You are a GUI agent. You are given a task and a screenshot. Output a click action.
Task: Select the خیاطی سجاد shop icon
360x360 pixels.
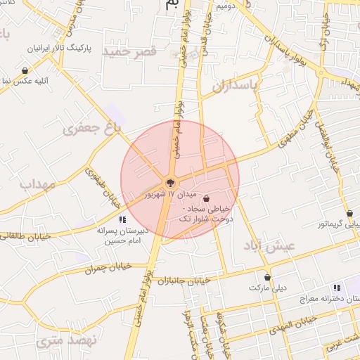(x=206, y=199)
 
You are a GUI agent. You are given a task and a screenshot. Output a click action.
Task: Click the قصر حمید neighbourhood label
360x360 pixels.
(x=129, y=52)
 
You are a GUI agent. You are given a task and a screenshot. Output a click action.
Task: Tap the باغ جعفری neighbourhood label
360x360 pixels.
(x=92, y=127)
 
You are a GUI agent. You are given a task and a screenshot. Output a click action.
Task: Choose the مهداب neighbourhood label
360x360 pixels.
(x=37, y=185)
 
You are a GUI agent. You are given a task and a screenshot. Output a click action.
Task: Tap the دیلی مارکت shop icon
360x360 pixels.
(x=266, y=277)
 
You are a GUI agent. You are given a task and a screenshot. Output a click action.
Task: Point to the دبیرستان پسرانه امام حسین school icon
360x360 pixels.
(x=123, y=220)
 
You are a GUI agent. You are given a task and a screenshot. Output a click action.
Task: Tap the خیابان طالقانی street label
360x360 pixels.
(x=27, y=237)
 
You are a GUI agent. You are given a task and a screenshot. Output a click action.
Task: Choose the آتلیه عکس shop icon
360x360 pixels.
(x=25, y=70)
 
